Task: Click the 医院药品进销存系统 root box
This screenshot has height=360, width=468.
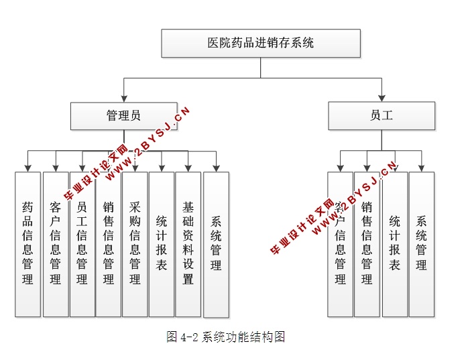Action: point(261,43)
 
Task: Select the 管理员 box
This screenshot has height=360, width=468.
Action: point(124,115)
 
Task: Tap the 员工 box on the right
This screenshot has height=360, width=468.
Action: point(382,115)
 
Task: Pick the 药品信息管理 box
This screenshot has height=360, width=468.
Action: point(27,244)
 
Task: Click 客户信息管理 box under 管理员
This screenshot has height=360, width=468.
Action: point(55,244)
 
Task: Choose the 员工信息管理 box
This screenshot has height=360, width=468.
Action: point(82,244)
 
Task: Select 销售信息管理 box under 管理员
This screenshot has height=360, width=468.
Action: point(109,244)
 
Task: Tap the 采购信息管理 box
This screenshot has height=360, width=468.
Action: point(135,244)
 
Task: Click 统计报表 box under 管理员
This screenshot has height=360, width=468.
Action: point(162,244)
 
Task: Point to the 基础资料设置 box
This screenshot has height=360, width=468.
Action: point(188,244)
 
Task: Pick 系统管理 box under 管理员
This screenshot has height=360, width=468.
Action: point(216,245)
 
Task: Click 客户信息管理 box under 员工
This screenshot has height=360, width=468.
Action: point(340,244)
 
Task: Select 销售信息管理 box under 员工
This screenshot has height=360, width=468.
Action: point(367,244)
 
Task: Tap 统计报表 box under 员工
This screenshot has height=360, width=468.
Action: point(395,244)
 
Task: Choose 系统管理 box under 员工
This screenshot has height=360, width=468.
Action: point(422,244)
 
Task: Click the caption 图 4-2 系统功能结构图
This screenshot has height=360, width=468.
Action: point(226,337)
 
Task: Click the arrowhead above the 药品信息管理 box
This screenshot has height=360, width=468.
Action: point(27,168)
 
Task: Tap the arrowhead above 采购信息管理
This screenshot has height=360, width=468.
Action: point(135,168)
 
